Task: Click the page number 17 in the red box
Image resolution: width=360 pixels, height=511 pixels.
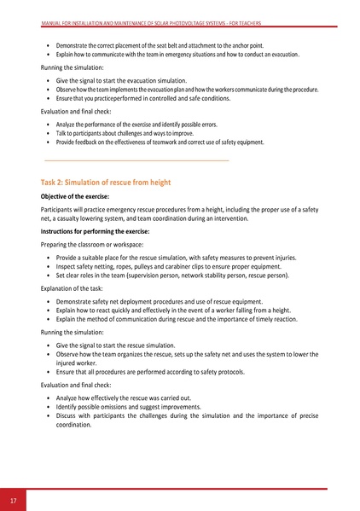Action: (13, 499)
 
